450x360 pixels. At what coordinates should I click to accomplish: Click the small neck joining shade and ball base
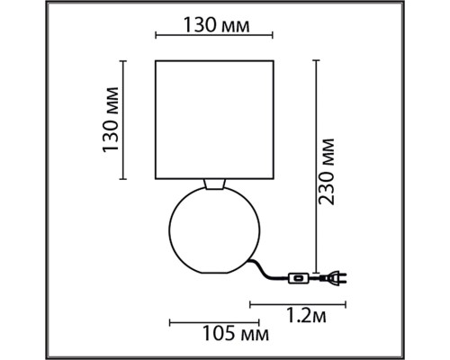tap(213, 184)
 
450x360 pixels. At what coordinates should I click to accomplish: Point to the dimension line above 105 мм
tap(211, 320)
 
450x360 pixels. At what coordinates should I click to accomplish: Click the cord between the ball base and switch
tap(265, 268)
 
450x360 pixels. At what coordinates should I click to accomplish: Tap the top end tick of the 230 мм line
tap(314, 60)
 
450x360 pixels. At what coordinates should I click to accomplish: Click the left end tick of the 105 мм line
tap(170, 320)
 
